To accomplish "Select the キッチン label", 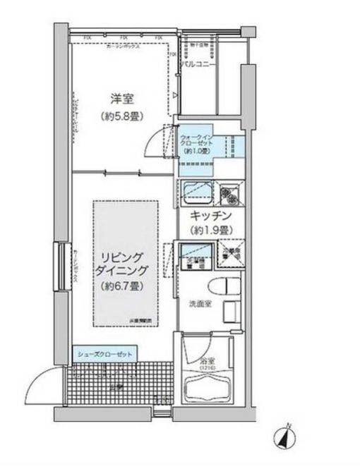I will (x=208, y=216).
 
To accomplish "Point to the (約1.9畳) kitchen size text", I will (x=208, y=231).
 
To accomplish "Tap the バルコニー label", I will (x=198, y=65).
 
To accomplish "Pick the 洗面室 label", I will (x=198, y=305).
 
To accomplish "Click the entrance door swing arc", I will (x=39, y=386).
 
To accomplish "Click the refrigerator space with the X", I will (x=229, y=257).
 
